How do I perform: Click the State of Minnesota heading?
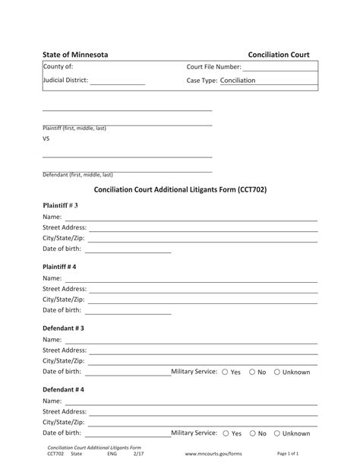[x=74, y=55]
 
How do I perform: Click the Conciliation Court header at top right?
[x=279, y=55]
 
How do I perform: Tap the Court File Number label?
[x=214, y=68]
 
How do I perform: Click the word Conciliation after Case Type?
[x=238, y=81]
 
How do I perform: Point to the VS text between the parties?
[x=46, y=139]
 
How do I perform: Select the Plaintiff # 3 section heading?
[x=60, y=206]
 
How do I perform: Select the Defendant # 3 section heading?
[x=63, y=328]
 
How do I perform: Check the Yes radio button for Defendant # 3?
[x=225, y=372]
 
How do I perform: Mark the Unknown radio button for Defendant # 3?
[x=277, y=372]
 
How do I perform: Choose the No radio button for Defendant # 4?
[x=252, y=433]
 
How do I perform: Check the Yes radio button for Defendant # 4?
[x=225, y=433]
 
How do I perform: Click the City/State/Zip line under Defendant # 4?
[x=201, y=423]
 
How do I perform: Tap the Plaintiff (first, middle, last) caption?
[x=74, y=128]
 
